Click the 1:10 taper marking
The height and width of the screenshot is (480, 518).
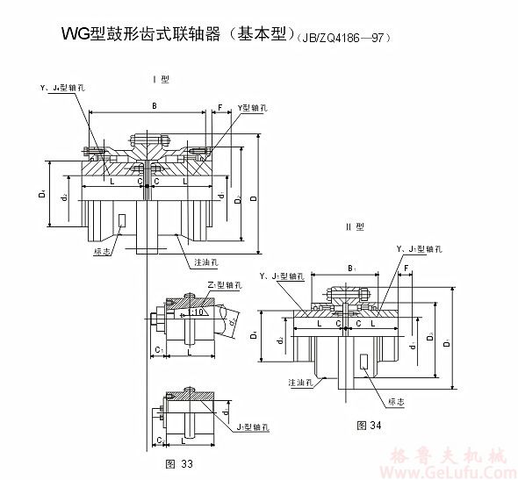click(199, 311)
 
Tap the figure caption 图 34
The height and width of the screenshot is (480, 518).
click(369, 425)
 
